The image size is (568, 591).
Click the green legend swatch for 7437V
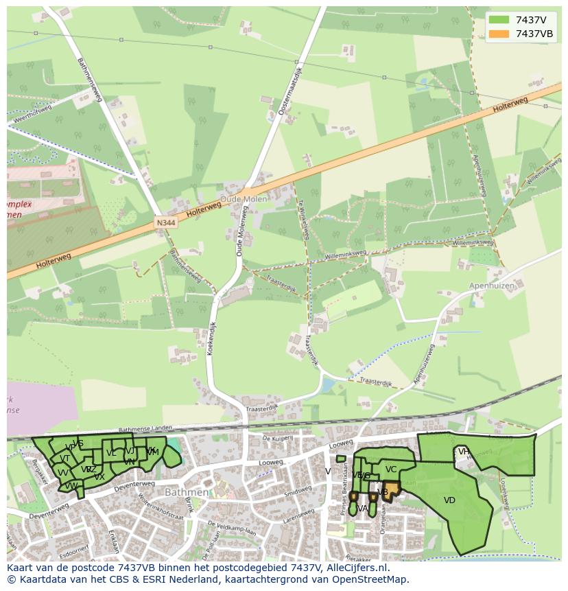[499, 20]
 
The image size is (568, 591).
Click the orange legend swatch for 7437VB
[499, 34]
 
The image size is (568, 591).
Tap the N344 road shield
[165, 222]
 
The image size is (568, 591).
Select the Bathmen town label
[186, 492]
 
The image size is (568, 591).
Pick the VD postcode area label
[449, 500]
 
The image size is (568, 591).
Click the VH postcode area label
[464, 451]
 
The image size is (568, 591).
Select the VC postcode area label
[391, 470]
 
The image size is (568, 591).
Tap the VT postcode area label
[64, 459]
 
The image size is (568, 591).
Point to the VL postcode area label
[111, 453]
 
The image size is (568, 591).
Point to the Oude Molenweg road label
[241, 233]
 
